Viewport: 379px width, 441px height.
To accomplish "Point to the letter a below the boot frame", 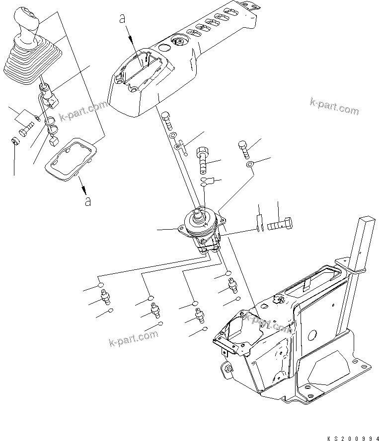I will point(88,201).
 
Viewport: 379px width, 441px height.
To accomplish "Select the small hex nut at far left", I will point(15,143).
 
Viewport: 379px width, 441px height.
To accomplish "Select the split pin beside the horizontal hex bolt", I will point(259,222).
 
